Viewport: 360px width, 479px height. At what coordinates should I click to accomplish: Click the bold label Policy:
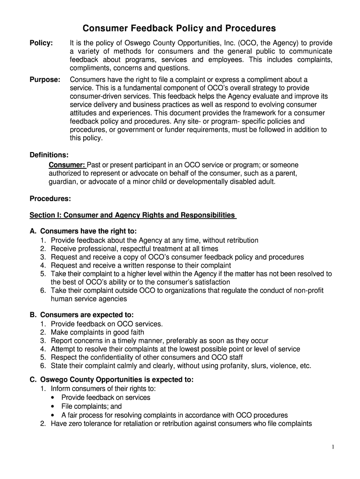[x=41, y=43]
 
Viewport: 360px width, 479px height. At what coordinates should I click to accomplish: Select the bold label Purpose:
[x=45, y=80]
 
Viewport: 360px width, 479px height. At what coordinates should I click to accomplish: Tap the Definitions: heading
[x=49, y=155]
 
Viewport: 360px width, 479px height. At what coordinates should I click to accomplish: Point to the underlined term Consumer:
[x=67, y=165]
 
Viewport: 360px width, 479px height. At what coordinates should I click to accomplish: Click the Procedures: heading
[x=50, y=199]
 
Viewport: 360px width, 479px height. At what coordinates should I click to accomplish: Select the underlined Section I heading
[x=132, y=215]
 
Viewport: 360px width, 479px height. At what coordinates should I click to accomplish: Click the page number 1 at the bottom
[x=332, y=447]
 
